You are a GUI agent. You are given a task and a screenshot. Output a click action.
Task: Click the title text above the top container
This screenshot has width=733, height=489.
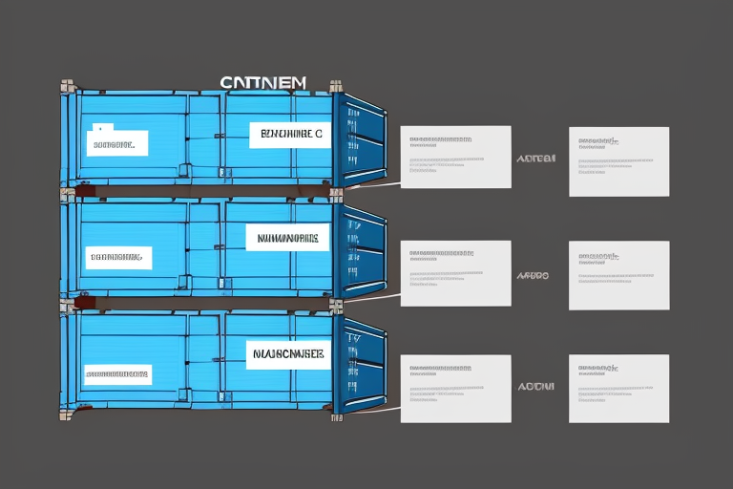[262, 83]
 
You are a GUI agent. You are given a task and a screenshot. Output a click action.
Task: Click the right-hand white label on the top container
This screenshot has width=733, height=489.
[288, 135]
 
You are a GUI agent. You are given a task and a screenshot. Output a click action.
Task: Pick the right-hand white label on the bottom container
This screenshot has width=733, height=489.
[286, 353]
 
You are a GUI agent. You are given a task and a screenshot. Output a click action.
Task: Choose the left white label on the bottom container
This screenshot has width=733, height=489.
[116, 373]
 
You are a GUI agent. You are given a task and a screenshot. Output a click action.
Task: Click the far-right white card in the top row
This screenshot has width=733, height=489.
[618, 161]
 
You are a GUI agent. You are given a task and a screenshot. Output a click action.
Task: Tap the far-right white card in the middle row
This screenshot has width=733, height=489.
[618, 275]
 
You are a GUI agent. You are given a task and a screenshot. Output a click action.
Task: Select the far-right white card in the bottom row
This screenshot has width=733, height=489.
[618, 389]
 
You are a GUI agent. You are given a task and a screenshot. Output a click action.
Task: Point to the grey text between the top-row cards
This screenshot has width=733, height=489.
[534, 159]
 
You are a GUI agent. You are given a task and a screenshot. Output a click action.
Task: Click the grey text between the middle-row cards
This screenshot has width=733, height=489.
[533, 275]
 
